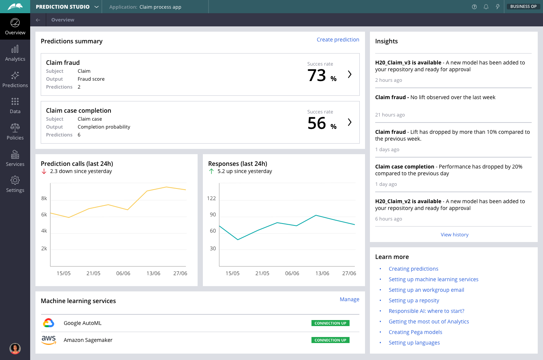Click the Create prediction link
[x=338, y=40]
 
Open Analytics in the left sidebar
[x=15, y=54]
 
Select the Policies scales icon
[x=15, y=127]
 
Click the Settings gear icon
[x=15, y=180]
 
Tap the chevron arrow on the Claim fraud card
[x=350, y=74]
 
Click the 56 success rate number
[x=317, y=123]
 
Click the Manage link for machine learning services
[x=349, y=299]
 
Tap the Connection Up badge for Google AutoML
[x=330, y=323]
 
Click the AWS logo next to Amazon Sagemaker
[x=49, y=340]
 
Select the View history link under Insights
[x=454, y=234]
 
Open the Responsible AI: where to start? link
[x=426, y=311]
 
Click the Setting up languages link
[x=414, y=343]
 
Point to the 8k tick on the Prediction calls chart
[x=44, y=198]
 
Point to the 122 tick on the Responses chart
[x=212, y=198]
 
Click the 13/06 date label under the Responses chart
[x=322, y=273]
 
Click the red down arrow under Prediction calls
[x=44, y=171]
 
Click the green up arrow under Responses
[x=212, y=171]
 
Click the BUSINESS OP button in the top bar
[x=523, y=6]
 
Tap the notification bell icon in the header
[x=486, y=7]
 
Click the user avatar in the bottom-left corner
[x=15, y=348]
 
